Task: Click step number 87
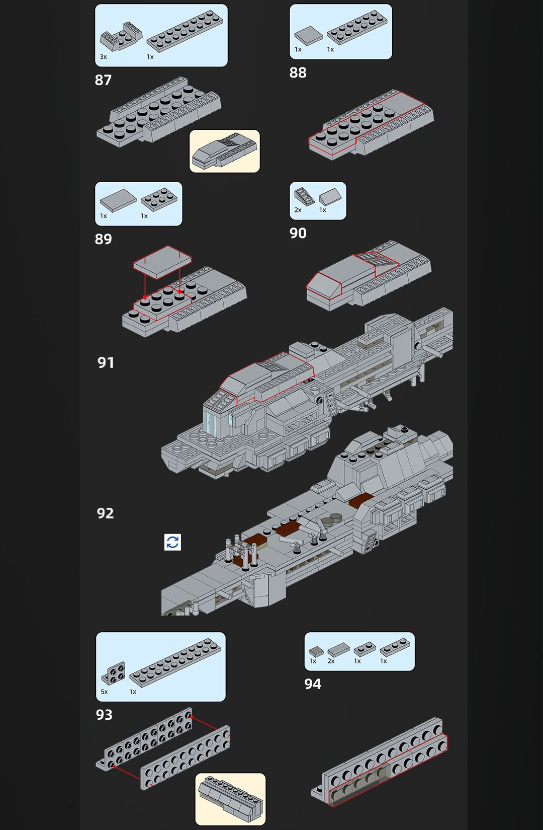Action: click(103, 80)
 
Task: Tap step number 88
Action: click(298, 72)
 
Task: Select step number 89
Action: click(103, 239)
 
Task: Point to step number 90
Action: click(298, 233)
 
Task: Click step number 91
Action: click(106, 362)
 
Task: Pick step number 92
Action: click(105, 513)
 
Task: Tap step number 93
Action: click(104, 715)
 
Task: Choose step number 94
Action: click(312, 684)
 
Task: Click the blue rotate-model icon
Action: click(172, 542)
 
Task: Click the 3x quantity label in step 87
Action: click(103, 57)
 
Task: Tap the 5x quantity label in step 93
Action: click(104, 692)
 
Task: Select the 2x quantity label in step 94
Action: click(331, 661)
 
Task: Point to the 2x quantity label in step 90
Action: click(298, 210)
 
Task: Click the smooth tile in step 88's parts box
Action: click(308, 36)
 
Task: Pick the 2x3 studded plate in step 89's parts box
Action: click(159, 199)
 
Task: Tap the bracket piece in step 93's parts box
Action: click(113, 672)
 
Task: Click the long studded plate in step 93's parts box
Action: click(174, 661)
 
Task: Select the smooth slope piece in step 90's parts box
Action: click(330, 196)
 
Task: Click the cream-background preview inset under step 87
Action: click(225, 151)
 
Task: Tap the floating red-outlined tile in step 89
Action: click(162, 262)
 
